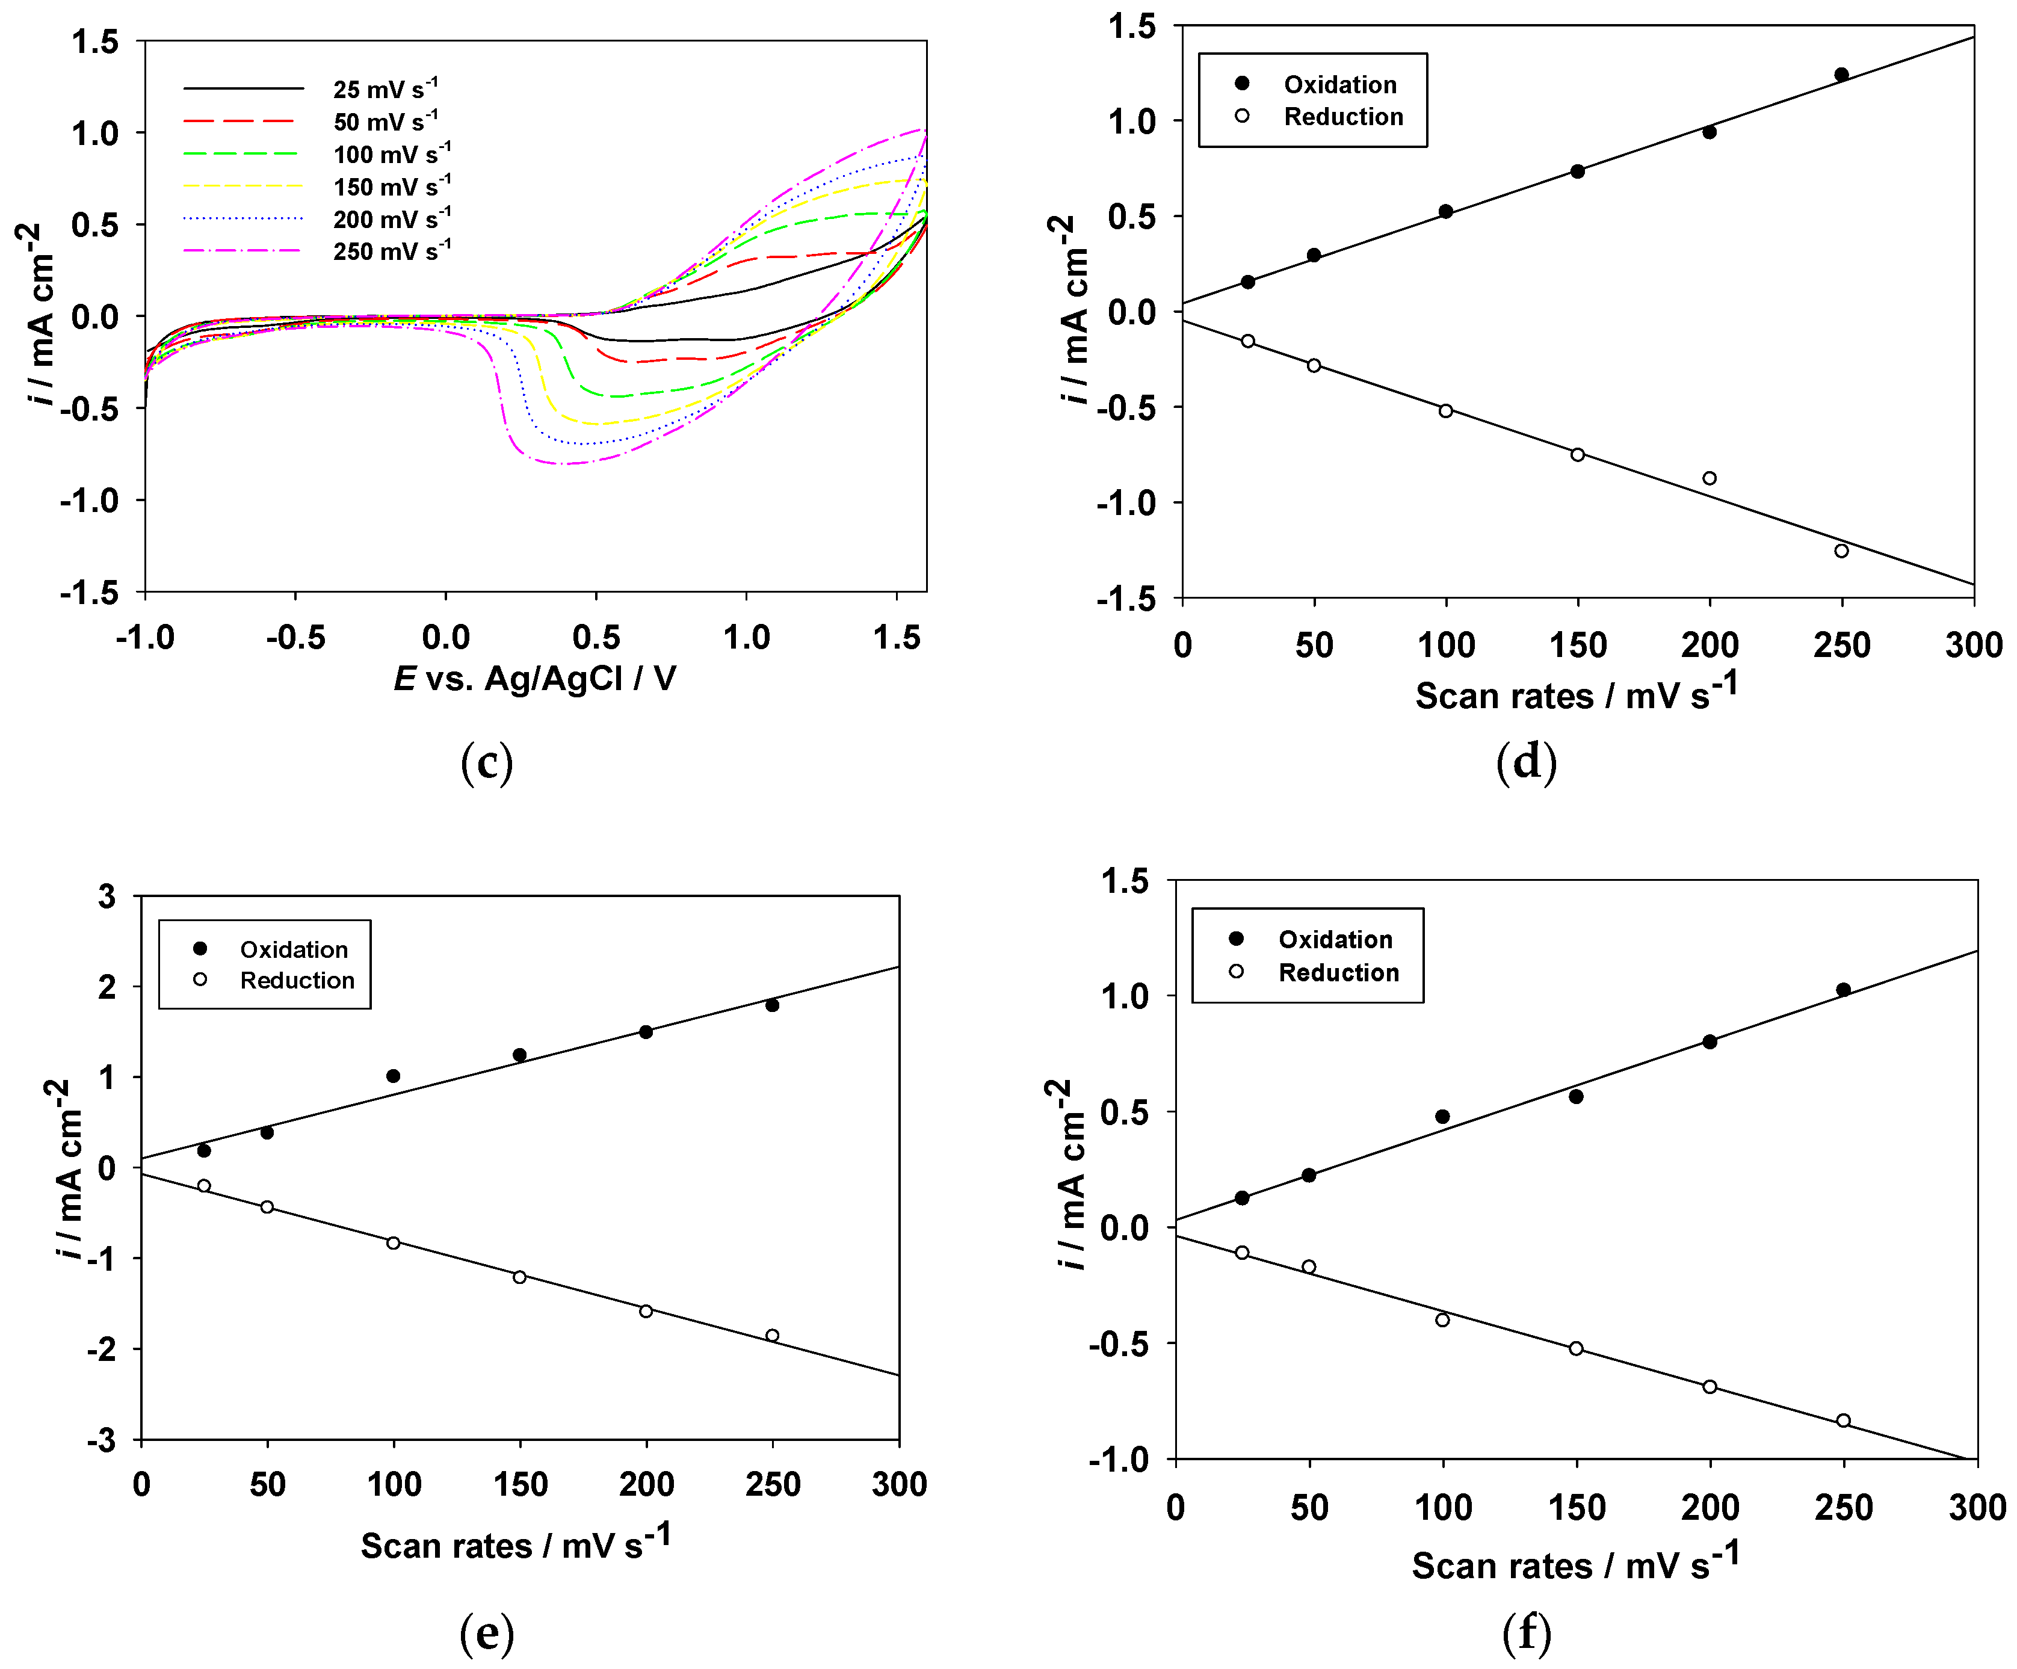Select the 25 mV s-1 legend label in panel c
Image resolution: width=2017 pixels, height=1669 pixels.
click(x=384, y=89)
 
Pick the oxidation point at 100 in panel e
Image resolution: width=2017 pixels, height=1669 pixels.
click(x=393, y=1076)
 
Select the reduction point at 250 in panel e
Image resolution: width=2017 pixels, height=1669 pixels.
click(x=772, y=1335)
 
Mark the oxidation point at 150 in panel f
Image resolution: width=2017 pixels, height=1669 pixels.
click(x=1576, y=1096)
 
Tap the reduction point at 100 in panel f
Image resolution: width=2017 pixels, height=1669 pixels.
click(x=1442, y=1319)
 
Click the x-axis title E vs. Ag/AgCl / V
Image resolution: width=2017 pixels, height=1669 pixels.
click(x=535, y=679)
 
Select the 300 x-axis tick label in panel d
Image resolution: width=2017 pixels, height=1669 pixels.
click(x=1974, y=644)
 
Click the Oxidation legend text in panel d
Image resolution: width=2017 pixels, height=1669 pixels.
click(x=1340, y=84)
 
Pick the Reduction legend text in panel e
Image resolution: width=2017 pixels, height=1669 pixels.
click(x=297, y=981)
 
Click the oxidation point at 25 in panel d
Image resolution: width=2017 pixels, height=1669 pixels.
click(x=1247, y=282)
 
